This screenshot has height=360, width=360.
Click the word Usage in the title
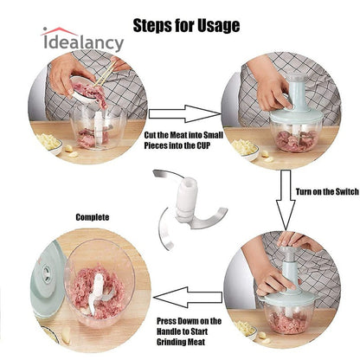pyautogui.click(x=218, y=26)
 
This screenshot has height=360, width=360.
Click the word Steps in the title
pyautogui.click(x=152, y=26)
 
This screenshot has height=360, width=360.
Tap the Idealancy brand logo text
pyautogui.click(x=84, y=43)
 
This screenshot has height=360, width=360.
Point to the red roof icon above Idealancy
pyautogui.click(x=59, y=31)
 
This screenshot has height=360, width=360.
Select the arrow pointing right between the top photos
pyautogui.click(x=185, y=114)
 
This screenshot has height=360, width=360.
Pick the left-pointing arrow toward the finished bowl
pyautogui.click(x=188, y=297)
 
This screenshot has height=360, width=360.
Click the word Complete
pyautogui.click(x=93, y=217)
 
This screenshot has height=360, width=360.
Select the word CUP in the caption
pyautogui.click(x=203, y=145)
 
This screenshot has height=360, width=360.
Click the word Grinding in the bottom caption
pyautogui.click(x=170, y=342)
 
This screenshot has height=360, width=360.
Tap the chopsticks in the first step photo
pyautogui.click(x=105, y=74)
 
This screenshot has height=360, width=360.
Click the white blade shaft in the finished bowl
pyautogui.click(x=96, y=292)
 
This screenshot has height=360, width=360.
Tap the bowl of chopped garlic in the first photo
pyautogui.click(x=48, y=144)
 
